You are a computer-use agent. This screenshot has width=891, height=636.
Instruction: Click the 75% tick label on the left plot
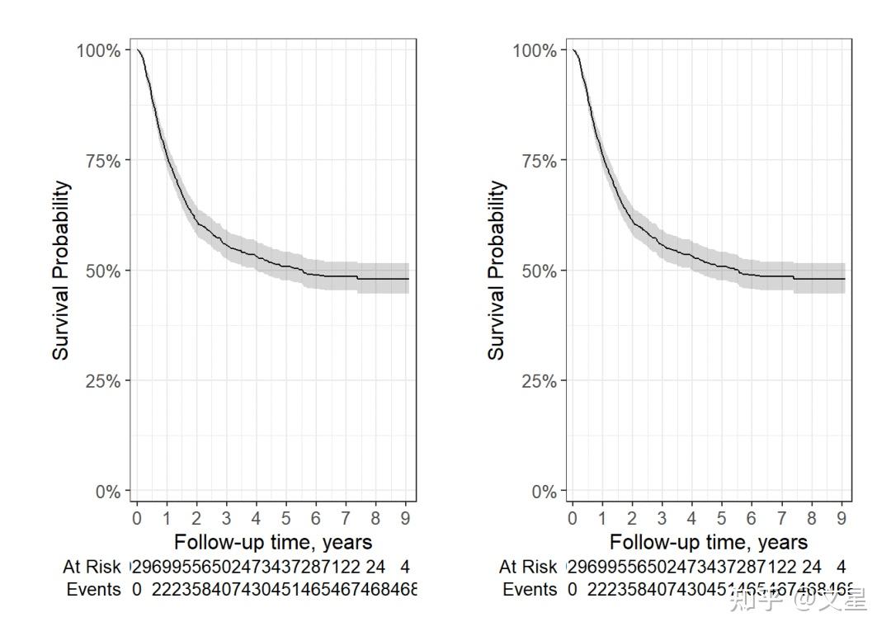[x=103, y=161]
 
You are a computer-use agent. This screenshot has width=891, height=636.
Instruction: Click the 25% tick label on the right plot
[x=540, y=381]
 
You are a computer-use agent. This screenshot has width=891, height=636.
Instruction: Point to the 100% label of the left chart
[x=99, y=50]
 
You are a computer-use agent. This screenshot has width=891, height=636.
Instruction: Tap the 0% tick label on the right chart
[x=544, y=492]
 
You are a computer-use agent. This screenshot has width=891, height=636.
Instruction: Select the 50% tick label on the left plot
[x=103, y=271]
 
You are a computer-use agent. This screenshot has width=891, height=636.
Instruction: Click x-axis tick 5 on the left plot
[x=286, y=518]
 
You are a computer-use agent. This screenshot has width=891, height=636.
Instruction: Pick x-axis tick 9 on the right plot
[x=841, y=518]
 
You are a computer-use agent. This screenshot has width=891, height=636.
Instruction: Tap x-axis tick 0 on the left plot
[x=137, y=518]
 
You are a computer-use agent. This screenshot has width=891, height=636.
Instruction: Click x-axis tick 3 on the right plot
[x=662, y=518]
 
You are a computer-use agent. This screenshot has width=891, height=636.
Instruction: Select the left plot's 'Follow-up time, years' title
[x=273, y=542]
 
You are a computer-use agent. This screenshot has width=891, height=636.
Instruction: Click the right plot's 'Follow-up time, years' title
[x=709, y=542]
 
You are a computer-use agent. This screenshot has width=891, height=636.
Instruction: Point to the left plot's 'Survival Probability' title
[x=62, y=271]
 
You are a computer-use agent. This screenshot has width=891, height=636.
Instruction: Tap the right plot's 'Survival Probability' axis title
[x=497, y=271]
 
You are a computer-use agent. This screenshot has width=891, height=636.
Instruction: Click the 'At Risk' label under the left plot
[x=92, y=567]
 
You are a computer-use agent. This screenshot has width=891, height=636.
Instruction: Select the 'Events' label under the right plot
[x=530, y=590]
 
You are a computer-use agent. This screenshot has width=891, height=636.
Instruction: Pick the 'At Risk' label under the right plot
[x=528, y=567]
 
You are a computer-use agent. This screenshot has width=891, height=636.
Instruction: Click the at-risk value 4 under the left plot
[x=405, y=567]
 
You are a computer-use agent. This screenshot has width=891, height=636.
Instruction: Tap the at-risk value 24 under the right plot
[x=812, y=567]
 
